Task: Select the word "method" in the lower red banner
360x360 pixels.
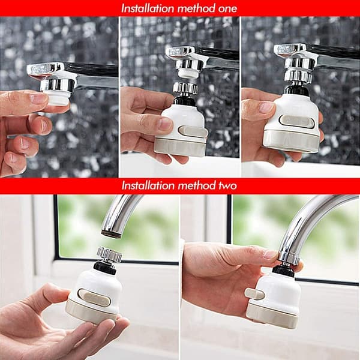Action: (x=192, y=185)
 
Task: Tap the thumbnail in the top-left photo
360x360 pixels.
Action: (x=37, y=98)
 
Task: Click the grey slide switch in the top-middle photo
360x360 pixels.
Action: (x=193, y=132)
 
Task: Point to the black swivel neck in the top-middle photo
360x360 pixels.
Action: (x=184, y=101)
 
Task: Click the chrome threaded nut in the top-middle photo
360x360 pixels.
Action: (x=185, y=88)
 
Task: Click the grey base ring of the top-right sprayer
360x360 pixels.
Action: (x=291, y=142)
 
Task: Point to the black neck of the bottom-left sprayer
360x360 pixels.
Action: (x=104, y=267)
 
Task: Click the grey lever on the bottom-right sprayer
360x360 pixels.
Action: (x=254, y=294)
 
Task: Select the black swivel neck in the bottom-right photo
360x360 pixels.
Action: (x=283, y=271)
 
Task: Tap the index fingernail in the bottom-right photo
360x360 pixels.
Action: (x=271, y=254)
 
